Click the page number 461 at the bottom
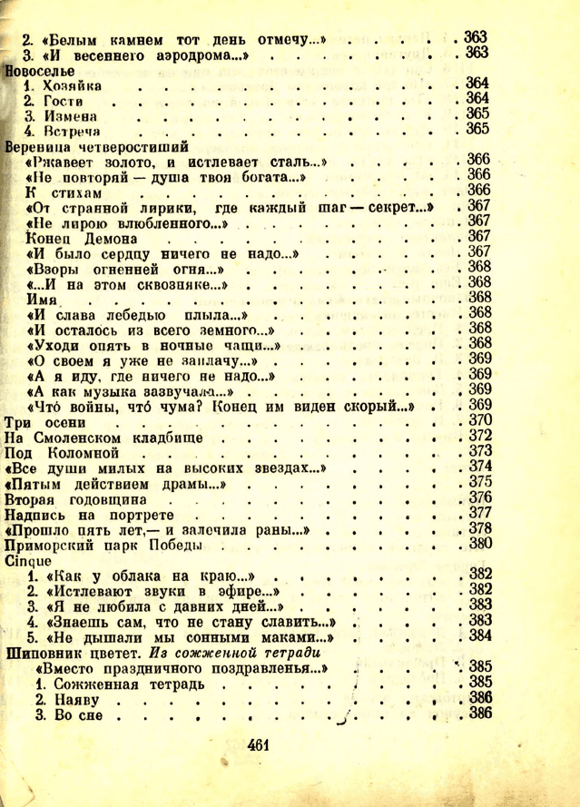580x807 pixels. [x=259, y=747]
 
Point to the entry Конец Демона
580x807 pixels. [x=81, y=237]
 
